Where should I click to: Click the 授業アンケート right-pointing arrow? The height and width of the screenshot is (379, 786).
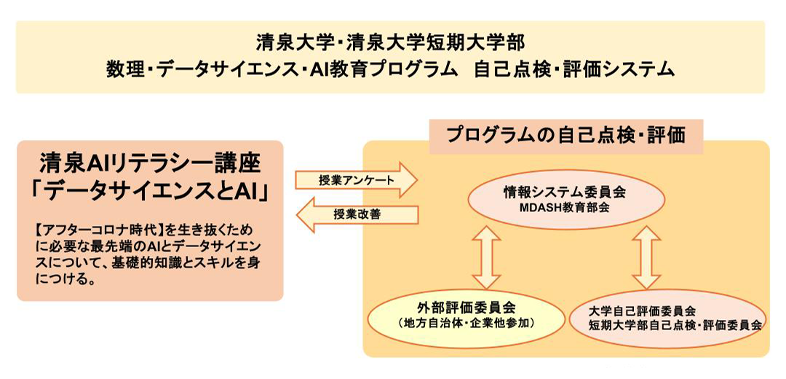click(x=356, y=180)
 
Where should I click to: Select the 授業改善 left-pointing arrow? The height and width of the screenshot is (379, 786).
click(x=357, y=214)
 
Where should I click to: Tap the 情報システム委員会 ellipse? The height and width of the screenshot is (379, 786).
click(x=566, y=200)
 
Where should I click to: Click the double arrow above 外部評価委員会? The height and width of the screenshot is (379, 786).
click(x=486, y=257)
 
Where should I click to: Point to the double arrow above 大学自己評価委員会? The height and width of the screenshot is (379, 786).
click(x=646, y=257)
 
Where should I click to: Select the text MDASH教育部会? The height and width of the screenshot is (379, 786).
click(x=566, y=207)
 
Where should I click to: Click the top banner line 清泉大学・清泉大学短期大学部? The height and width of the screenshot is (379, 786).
click(x=391, y=43)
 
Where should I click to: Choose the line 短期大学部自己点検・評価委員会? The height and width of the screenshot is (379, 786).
click(x=675, y=325)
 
